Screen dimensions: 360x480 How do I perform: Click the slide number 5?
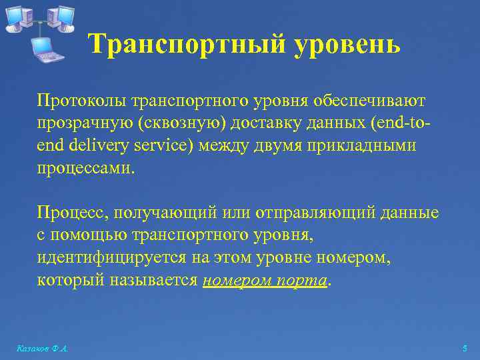point(465,349)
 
